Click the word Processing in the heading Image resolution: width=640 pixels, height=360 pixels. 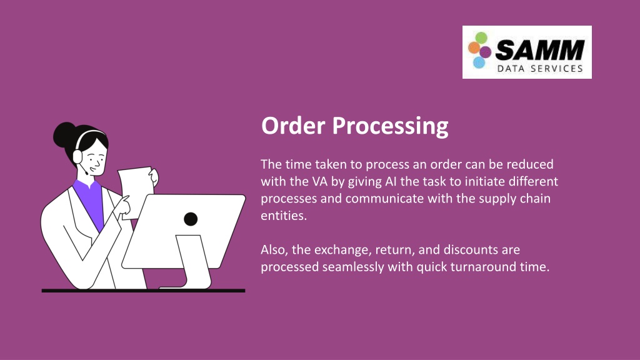pyautogui.click(x=390, y=126)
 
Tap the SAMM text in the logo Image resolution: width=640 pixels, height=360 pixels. pyautogui.click(x=539, y=50)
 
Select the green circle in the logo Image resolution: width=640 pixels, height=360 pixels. pyautogui.click(x=481, y=38)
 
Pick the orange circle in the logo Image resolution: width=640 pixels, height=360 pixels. pyautogui.click(x=474, y=47)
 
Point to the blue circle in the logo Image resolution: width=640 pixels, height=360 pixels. pyautogui.click(x=479, y=62)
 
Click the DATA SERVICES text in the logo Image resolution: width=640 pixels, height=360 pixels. pyautogui.click(x=540, y=69)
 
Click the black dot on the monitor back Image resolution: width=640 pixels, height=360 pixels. pyautogui.click(x=191, y=219)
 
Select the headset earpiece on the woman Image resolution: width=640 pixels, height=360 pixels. pyautogui.click(x=77, y=156)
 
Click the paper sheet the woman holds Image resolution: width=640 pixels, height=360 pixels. pyautogui.click(x=136, y=192)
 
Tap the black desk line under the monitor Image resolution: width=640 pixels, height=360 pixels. pyautogui.click(x=143, y=291)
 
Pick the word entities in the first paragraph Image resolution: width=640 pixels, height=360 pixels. pyautogui.click(x=284, y=216)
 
